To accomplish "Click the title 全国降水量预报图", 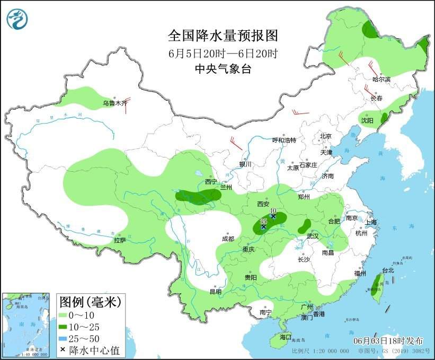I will [223, 36].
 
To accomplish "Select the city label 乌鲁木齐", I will [115, 103].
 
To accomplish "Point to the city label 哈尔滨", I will [380, 80].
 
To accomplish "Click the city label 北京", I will [325, 136].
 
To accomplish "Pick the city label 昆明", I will [215, 291].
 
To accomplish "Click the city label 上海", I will [370, 222].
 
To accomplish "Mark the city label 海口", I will [286, 337].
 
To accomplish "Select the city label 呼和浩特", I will [284, 140].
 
